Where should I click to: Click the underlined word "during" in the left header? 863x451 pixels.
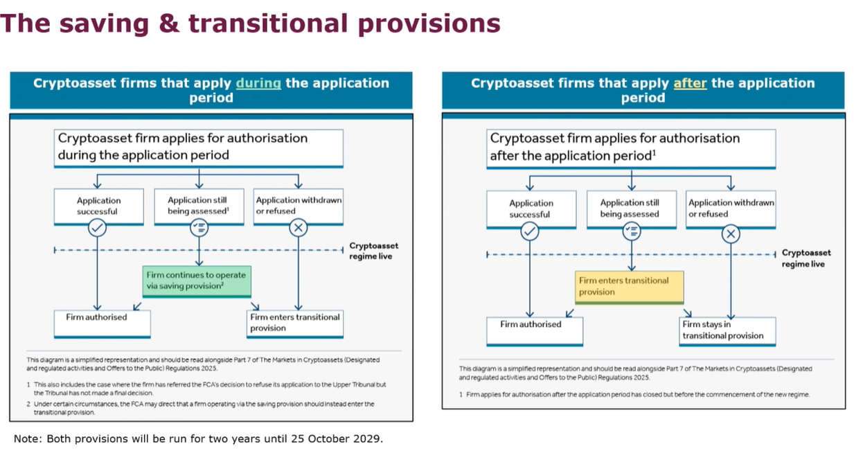click(x=258, y=83)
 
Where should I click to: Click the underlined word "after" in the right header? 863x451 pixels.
click(x=690, y=83)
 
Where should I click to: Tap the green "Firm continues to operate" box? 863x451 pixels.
click(x=196, y=281)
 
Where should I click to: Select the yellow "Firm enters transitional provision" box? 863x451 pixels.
click(x=630, y=286)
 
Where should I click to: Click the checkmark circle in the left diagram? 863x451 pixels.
click(x=98, y=227)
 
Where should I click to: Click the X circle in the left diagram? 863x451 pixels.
click(x=299, y=227)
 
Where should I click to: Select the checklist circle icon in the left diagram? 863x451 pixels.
click(x=199, y=227)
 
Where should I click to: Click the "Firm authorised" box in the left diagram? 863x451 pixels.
click(x=103, y=322)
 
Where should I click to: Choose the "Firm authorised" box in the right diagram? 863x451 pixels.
click(x=535, y=330)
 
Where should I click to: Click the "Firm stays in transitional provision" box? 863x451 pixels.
click(x=727, y=330)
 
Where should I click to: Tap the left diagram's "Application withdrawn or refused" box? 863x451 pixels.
click(x=299, y=206)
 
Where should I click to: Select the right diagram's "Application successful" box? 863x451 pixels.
click(x=531, y=209)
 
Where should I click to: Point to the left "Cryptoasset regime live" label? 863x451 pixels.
click(x=373, y=251)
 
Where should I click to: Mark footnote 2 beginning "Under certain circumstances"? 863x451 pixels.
click(x=201, y=408)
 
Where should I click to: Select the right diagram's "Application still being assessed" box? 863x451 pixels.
click(x=630, y=209)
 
